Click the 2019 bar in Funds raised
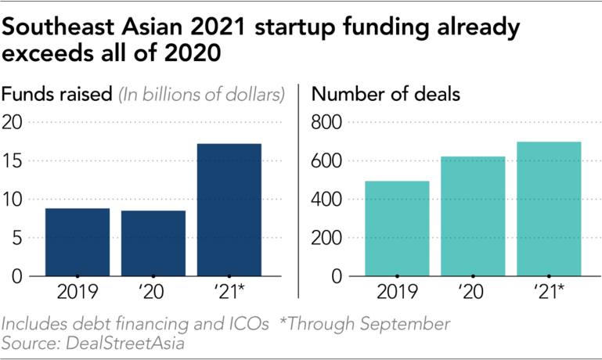(77, 242)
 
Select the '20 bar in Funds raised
(153, 243)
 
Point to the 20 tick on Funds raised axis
(16, 122)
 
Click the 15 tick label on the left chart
(16, 161)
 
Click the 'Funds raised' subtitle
(56, 95)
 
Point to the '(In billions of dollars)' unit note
(200, 95)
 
